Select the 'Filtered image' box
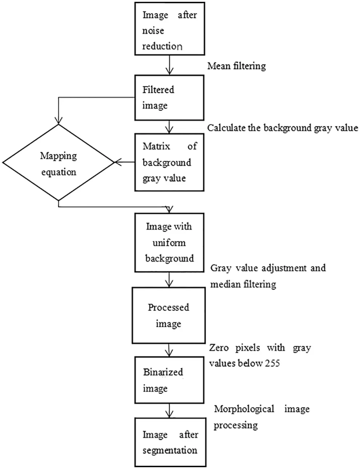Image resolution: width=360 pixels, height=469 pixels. tap(169, 97)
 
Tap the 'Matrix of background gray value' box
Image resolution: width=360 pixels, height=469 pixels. tap(169, 162)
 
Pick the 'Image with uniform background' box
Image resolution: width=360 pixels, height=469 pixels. tap(169, 242)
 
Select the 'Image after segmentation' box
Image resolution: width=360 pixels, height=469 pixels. tap(169, 442)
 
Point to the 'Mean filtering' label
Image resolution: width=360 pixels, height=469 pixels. tap(236, 66)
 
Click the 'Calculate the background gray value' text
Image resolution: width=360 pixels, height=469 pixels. tap(283, 128)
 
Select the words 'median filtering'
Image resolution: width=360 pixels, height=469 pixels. tap(243, 284)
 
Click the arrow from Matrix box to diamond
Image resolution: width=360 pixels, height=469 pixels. tap(124, 162)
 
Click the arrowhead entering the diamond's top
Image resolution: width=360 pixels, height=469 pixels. tap(58, 121)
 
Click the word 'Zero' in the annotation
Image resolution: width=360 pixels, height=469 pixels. tap(219, 348)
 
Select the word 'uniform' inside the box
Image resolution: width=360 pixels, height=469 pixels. tap(169, 242)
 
